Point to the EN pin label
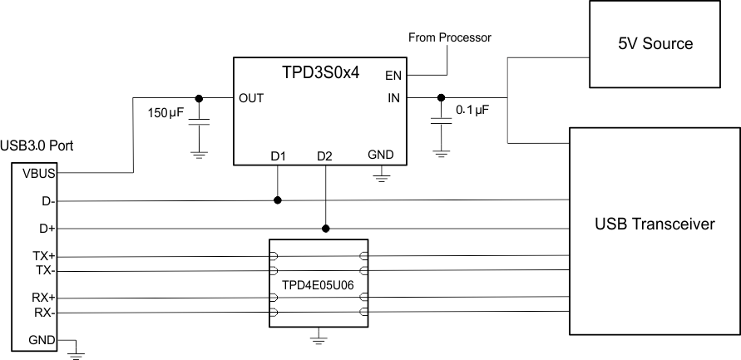[393, 76]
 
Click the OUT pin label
[250, 97]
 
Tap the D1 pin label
[278, 155]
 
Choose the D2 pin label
[324, 155]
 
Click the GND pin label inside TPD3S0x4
[380, 155]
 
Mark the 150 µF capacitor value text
[166, 112]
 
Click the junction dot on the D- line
[278, 200]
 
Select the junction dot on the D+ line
[325, 228]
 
